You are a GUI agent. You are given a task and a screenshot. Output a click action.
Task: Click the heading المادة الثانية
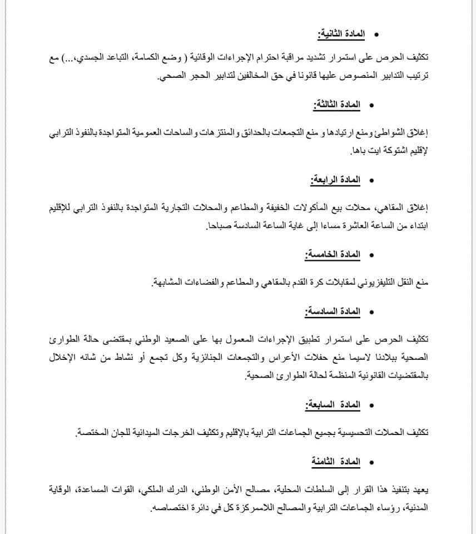click(x=340, y=34)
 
